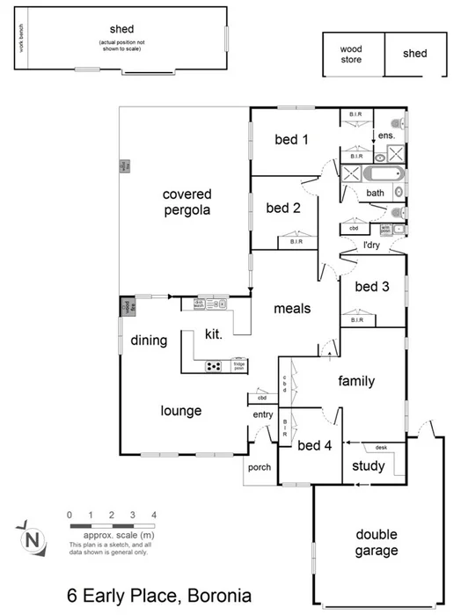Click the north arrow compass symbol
tap(33, 537)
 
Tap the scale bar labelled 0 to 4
tap(112, 525)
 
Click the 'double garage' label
tap(377, 542)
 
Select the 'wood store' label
tap(352, 55)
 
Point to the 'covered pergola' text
tap(186, 201)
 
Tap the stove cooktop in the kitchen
tap(214, 366)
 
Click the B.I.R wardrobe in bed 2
tap(296, 241)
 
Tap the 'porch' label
tap(260, 467)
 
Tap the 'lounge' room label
tap(181, 410)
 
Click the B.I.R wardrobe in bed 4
tap(285, 428)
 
